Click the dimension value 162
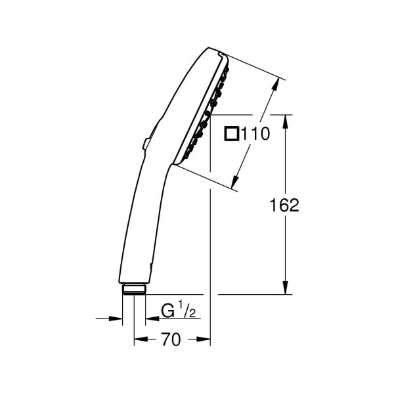coord(284,205)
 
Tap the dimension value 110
coord(255,133)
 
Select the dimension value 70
coord(171,339)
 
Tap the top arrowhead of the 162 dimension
coord(285,121)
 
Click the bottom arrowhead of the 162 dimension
coord(285,287)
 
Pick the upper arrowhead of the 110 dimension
coord(276,84)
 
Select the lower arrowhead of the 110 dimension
coord(234,181)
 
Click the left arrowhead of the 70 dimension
coord(141,339)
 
